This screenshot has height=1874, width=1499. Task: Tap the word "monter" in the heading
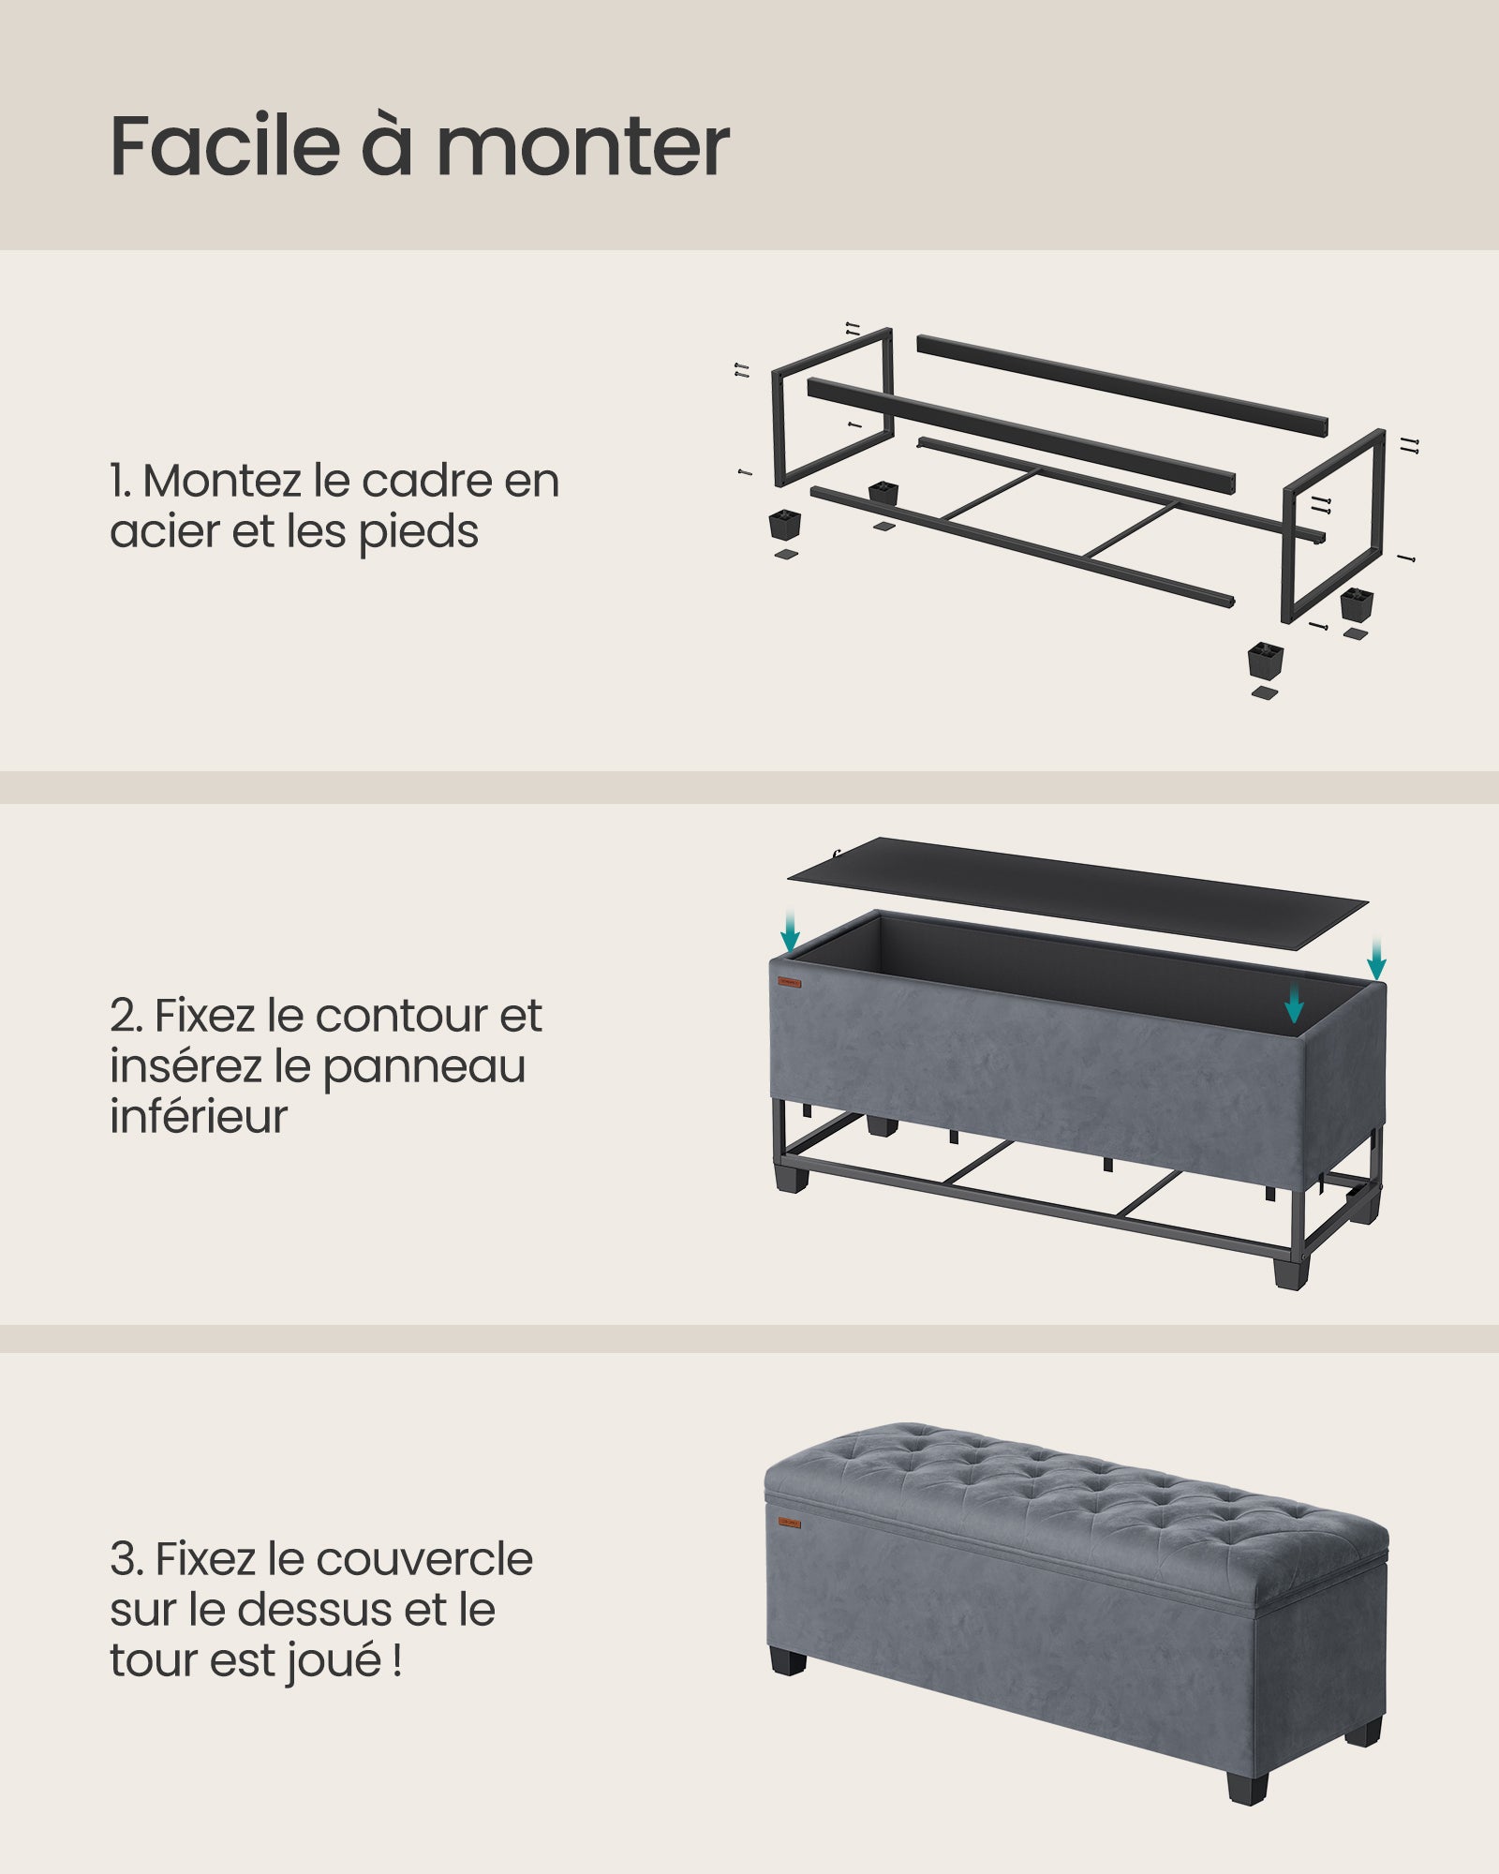tap(583, 148)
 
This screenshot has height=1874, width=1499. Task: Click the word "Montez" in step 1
tap(223, 481)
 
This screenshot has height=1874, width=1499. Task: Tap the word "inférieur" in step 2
tap(199, 1117)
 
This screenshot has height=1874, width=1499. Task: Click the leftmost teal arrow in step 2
tap(791, 932)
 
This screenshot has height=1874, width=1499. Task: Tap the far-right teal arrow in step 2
tap(1375, 961)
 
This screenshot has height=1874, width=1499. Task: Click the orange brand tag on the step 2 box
tap(789, 983)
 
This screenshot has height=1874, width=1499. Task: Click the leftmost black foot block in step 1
tap(784, 523)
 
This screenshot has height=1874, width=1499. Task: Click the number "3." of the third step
tap(126, 1560)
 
